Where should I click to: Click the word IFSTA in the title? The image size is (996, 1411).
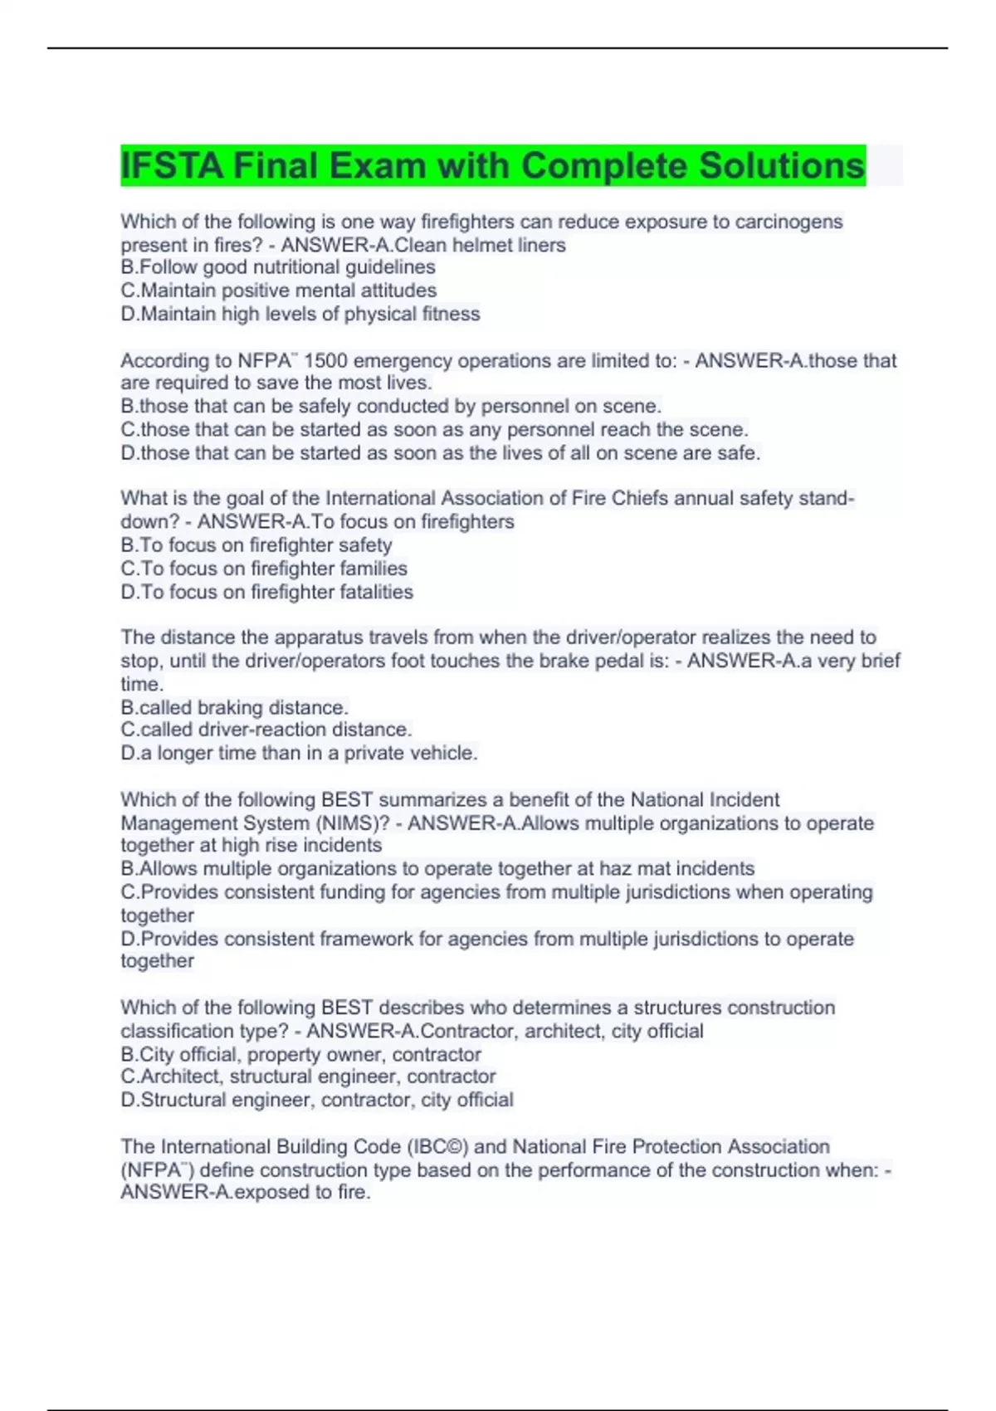(172, 166)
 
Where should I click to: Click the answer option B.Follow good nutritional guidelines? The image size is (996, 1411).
(278, 267)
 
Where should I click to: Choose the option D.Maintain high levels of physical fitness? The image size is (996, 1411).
(300, 314)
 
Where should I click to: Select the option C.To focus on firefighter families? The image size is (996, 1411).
(264, 569)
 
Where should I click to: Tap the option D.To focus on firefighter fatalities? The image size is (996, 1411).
(266, 592)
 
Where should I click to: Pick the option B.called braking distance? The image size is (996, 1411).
(234, 707)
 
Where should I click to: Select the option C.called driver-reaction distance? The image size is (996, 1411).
(266, 730)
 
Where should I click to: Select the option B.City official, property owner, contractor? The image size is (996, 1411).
(300, 1054)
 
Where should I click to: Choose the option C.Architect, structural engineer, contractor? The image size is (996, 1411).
(308, 1077)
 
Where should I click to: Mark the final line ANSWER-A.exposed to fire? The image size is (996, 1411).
(246, 1193)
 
